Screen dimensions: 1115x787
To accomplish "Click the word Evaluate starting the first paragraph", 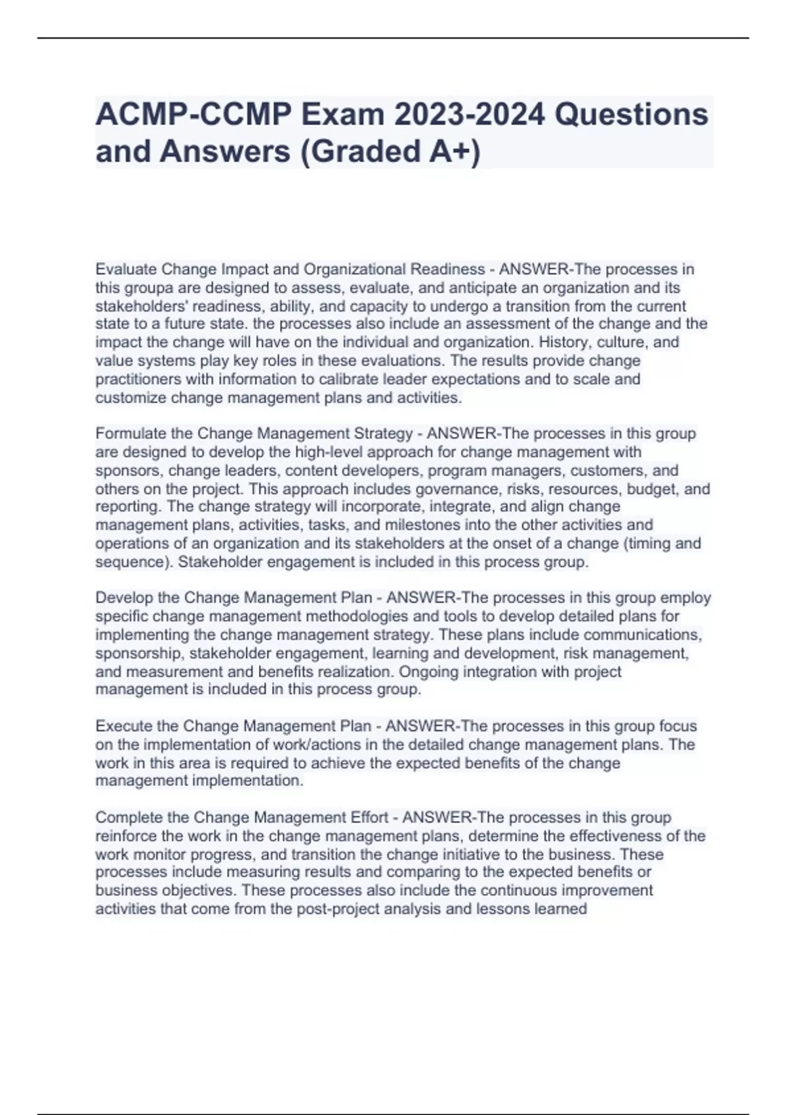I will pyautogui.click(x=126, y=270).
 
